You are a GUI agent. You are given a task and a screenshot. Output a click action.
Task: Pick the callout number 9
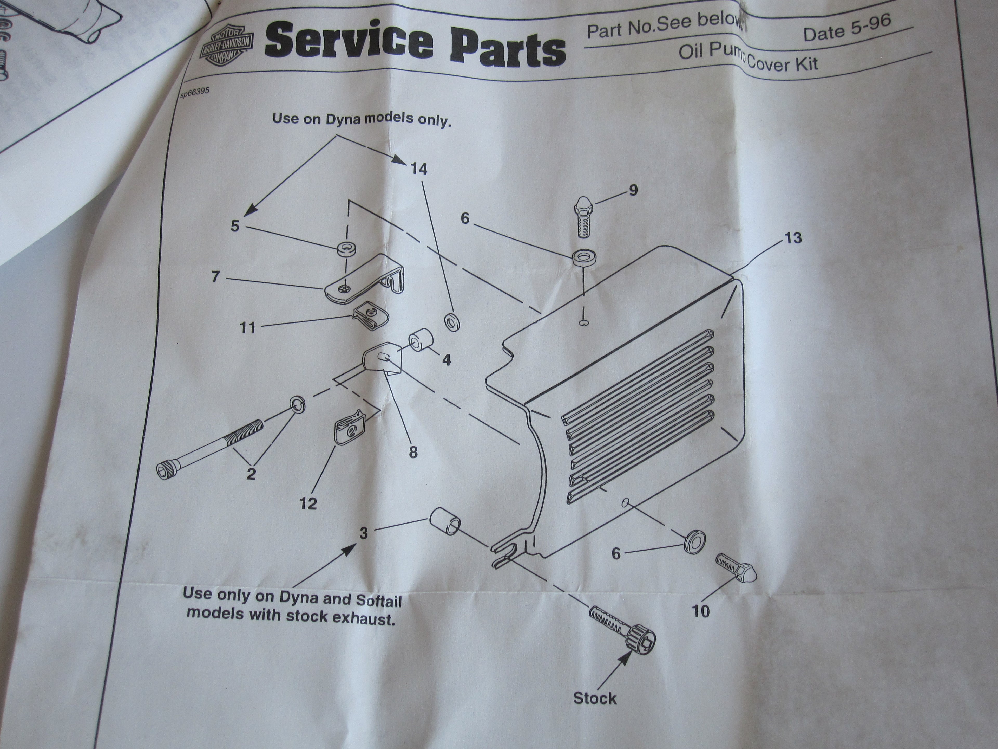tap(633, 191)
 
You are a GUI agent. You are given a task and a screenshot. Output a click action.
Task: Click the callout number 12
tap(308, 503)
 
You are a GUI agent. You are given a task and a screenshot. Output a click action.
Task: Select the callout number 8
tap(413, 452)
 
